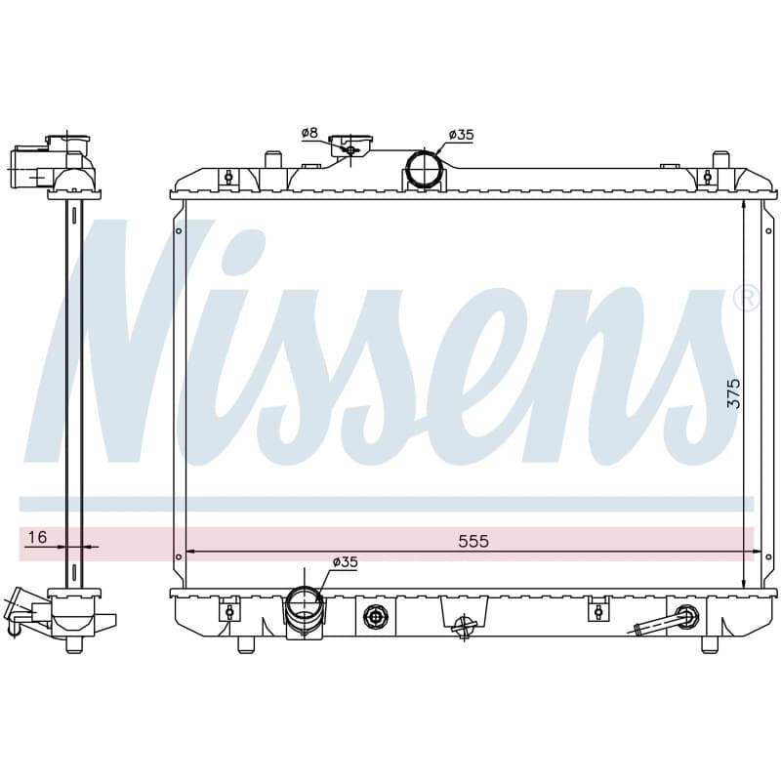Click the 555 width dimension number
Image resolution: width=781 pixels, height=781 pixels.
point(473,541)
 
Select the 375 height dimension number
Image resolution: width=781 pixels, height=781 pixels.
point(734,393)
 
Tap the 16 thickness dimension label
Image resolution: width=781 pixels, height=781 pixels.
point(37,537)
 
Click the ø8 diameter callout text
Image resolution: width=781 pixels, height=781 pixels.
point(309,133)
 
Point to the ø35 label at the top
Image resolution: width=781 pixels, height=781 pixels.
point(461,135)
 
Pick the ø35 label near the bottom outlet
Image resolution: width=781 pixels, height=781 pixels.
point(346,562)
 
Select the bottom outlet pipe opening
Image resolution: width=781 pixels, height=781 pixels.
point(304,601)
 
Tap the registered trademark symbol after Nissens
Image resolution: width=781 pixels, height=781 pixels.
point(746,299)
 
